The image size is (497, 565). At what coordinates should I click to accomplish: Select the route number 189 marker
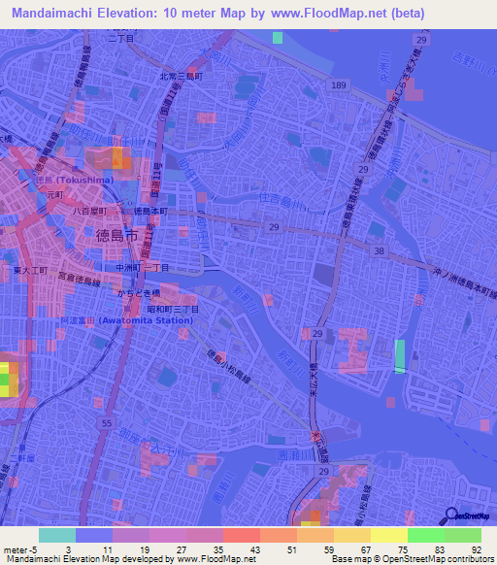point(337,86)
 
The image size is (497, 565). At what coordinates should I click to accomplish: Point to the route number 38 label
point(380,250)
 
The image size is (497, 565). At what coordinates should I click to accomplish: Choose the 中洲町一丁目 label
point(142,267)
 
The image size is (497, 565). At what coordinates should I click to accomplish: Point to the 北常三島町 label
point(182,75)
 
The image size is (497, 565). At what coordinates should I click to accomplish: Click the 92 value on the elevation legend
point(475,548)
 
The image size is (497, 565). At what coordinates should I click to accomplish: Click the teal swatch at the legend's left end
point(56,535)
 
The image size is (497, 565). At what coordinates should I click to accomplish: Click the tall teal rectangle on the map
point(400,356)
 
